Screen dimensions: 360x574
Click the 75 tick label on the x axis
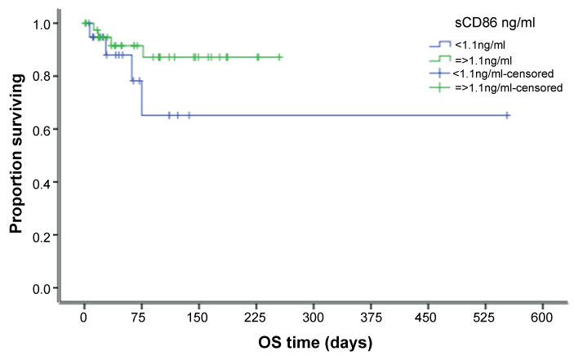click(141, 317)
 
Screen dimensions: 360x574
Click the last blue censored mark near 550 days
click(507, 115)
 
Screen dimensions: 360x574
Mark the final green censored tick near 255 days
click(279, 57)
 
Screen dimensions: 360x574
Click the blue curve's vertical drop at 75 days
click(141, 98)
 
